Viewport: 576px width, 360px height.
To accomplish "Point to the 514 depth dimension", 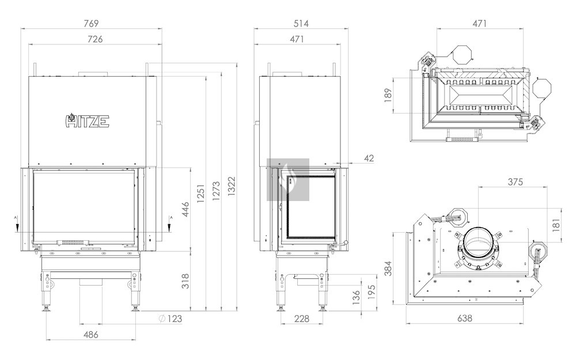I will (301, 24).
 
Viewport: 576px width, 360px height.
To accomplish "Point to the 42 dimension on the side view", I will (369, 157).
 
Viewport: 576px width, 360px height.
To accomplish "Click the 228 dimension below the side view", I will (302, 319).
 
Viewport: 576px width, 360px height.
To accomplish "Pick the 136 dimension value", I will (355, 297).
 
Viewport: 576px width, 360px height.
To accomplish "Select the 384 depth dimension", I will (388, 269).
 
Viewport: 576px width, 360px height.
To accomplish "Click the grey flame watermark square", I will (288, 180).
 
